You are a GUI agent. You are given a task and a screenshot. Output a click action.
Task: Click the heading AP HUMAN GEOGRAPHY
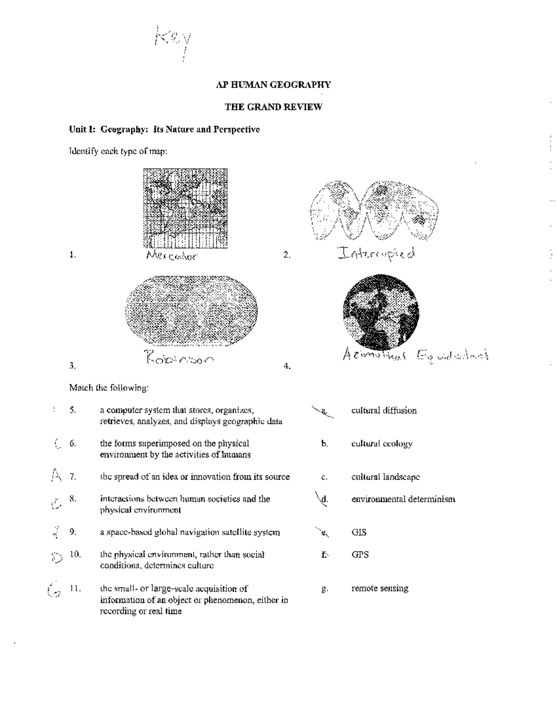tap(273, 84)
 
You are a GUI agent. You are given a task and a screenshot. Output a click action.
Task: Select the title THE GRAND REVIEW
tap(273, 107)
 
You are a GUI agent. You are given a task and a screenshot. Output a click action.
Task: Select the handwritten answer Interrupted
tap(376, 253)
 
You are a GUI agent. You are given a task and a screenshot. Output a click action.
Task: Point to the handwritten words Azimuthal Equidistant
tap(415, 355)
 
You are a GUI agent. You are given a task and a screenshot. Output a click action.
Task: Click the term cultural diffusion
tap(384, 410)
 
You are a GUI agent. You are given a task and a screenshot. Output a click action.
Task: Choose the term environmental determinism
tap(403, 499)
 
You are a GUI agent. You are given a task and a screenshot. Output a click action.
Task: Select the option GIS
tap(359, 533)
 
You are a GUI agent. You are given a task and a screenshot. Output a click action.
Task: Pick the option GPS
tap(360, 554)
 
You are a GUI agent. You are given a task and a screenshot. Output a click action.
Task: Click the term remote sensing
tap(380, 588)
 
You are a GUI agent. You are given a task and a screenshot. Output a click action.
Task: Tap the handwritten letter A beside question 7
tap(57, 475)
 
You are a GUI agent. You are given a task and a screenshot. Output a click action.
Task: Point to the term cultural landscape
tap(385, 477)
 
